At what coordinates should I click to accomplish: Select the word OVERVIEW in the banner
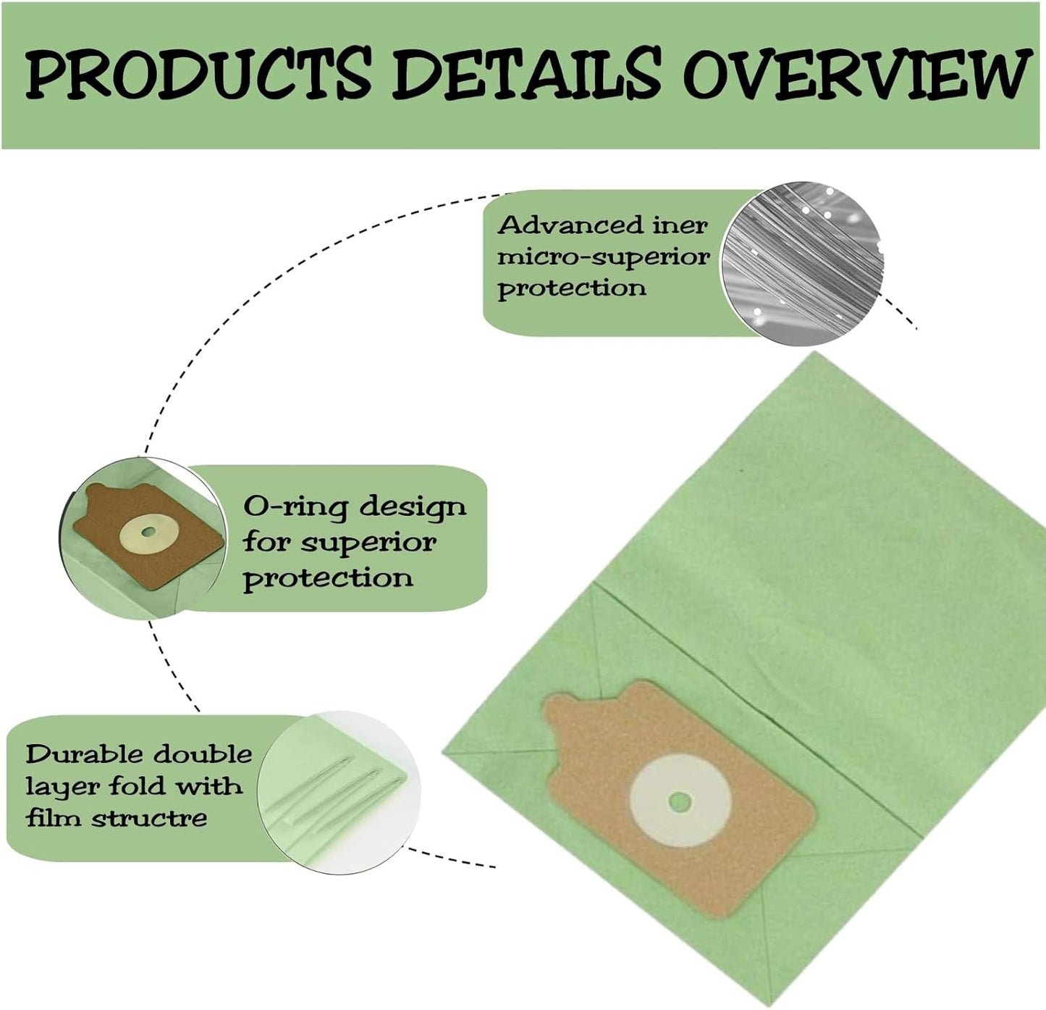(x=859, y=74)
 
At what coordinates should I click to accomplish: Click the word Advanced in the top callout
(x=569, y=225)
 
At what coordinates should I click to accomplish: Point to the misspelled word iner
(x=680, y=225)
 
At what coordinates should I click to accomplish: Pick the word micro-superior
(x=603, y=257)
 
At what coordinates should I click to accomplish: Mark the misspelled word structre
(x=148, y=819)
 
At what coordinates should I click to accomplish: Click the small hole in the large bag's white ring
(x=679, y=801)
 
